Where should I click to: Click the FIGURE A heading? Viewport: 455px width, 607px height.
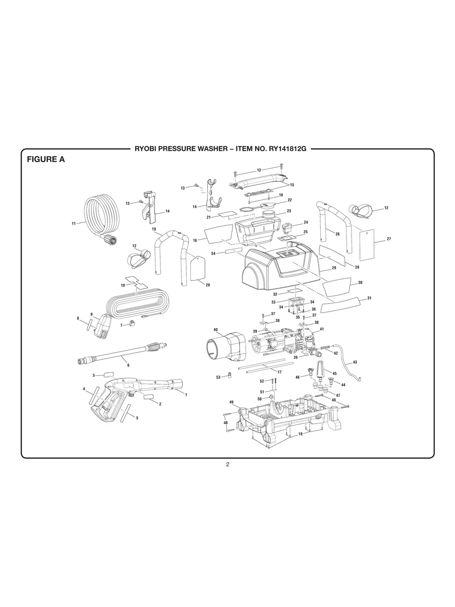coord(46,160)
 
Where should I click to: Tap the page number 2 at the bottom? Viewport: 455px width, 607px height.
coord(227,464)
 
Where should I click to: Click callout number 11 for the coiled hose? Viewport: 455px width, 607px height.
coord(74,223)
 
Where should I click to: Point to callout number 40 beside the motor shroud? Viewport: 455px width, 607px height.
coord(215,330)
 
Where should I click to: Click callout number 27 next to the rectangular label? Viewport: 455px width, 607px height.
coord(389,239)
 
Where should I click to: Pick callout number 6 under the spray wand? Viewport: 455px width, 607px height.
coord(128,365)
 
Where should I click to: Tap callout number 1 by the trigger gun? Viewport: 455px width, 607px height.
coord(186,395)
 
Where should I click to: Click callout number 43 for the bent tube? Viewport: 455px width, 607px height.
coord(355,362)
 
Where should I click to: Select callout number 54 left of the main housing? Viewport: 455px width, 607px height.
coord(213,254)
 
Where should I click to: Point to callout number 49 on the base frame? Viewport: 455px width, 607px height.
coord(232,402)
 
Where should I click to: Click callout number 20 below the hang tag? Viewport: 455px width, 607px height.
coord(208,285)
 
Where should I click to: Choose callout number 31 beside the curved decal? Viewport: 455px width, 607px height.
coord(369,298)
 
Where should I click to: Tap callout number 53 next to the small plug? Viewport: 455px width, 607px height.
coord(218,377)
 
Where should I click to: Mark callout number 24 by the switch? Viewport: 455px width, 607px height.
coord(306,222)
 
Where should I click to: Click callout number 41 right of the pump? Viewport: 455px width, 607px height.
coord(321,329)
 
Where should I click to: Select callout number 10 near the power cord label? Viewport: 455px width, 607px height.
coord(123,285)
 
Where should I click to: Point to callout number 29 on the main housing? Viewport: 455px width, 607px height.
coord(334,268)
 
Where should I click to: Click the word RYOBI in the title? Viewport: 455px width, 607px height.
coord(147,149)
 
